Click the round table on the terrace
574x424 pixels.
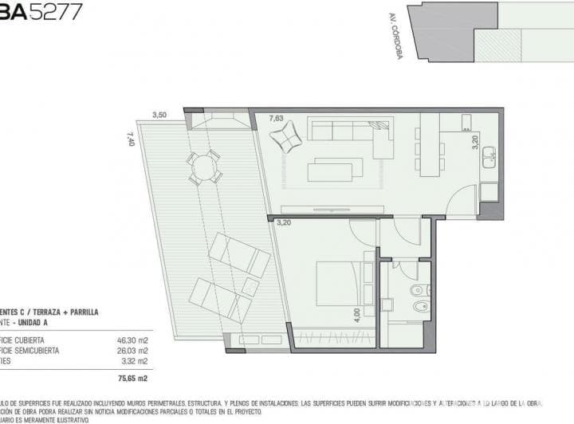click(205, 167)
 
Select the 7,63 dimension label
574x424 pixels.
click(277, 119)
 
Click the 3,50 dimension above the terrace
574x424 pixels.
click(159, 115)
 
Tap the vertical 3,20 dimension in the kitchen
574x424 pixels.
click(475, 143)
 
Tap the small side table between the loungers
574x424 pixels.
click(250, 286)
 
